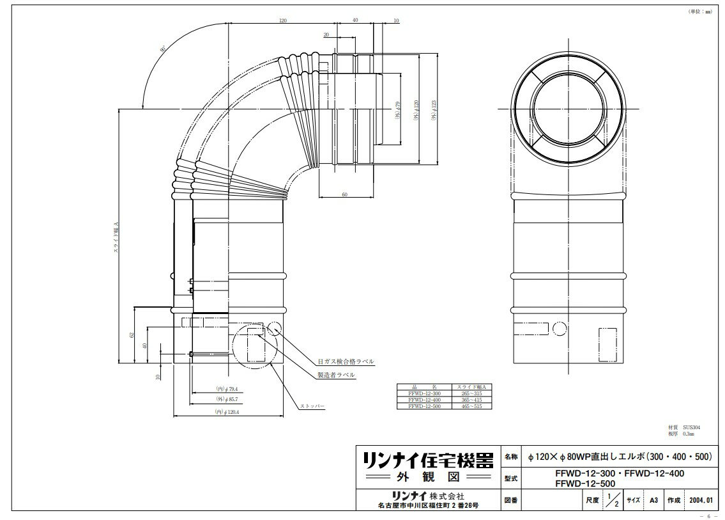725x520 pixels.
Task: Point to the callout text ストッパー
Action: click(x=312, y=406)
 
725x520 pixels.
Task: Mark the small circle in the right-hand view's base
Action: click(x=558, y=329)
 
